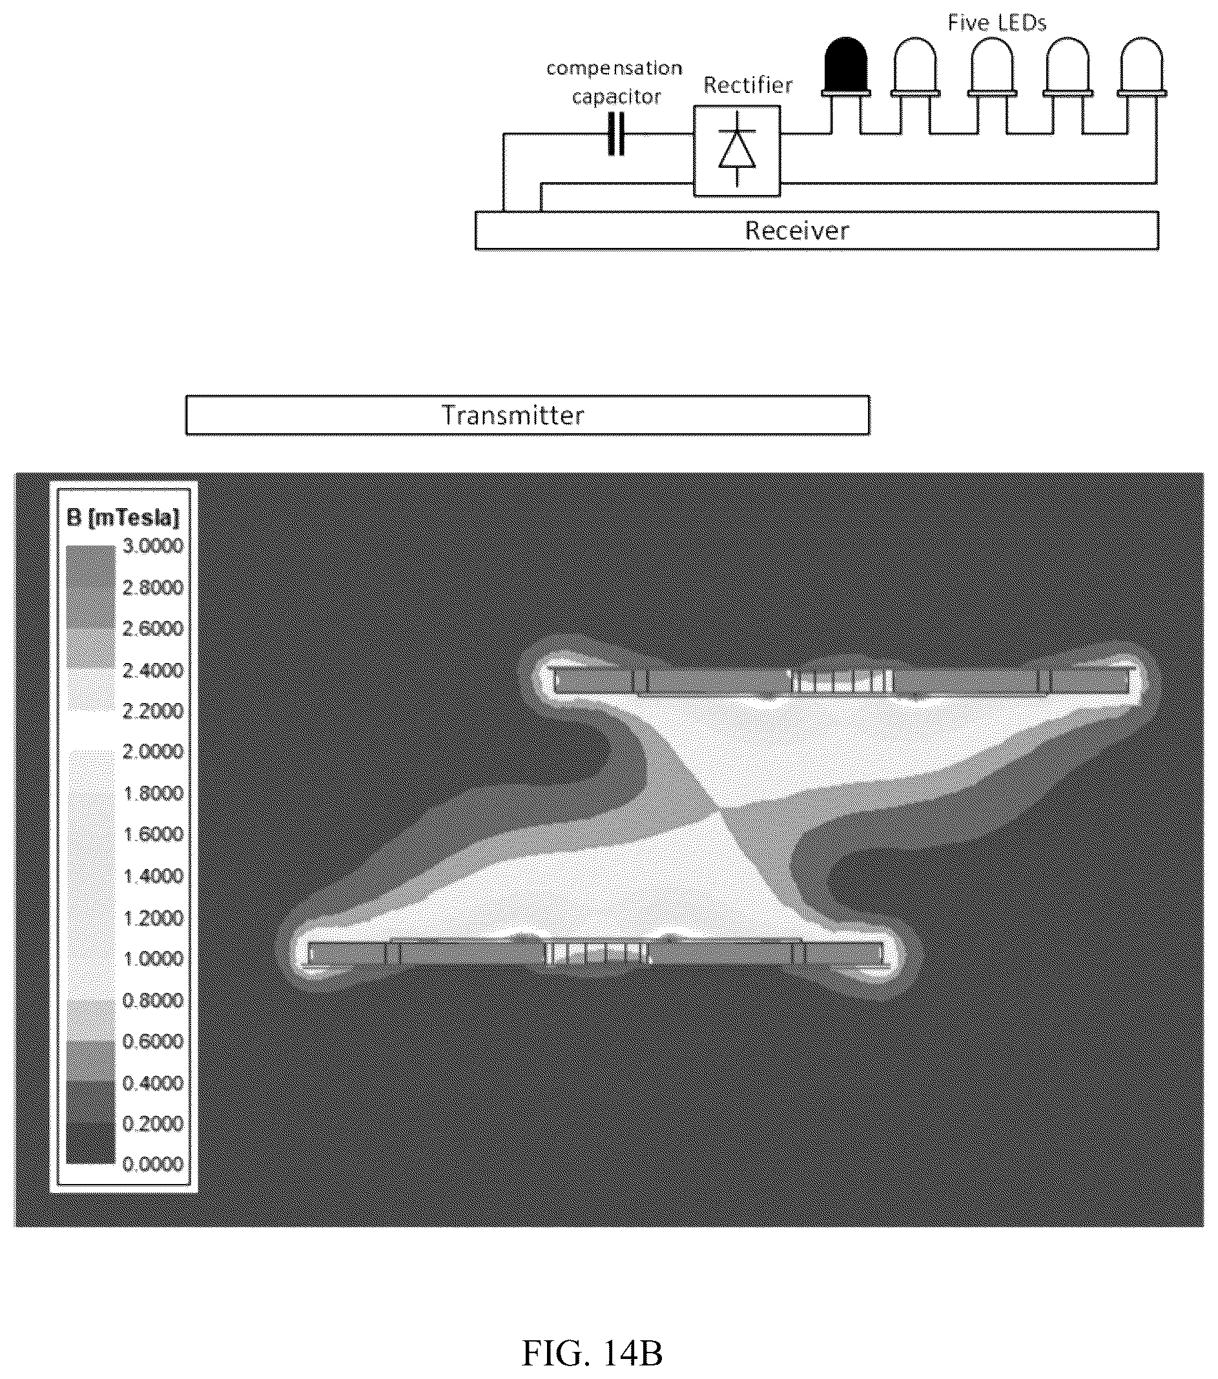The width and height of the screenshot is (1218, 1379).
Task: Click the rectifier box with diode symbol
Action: pyautogui.click(x=737, y=150)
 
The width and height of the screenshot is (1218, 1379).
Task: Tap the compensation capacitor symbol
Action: pyautogui.click(x=616, y=134)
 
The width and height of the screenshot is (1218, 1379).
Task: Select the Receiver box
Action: pyautogui.click(x=817, y=230)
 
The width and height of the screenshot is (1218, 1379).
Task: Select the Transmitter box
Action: pyautogui.click(x=528, y=415)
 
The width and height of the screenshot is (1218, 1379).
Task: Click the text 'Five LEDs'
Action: pyautogui.click(x=996, y=23)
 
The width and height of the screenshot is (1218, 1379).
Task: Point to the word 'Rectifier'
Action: pyautogui.click(x=748, y=85)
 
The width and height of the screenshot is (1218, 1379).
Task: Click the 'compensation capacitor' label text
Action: pyautogui.click(x=614, y=82)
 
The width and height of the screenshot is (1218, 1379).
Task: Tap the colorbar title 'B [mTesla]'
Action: pyautogui.click(x=123, y=518)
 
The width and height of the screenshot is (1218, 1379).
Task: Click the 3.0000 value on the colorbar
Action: pyautogui.click(x=152, y=546)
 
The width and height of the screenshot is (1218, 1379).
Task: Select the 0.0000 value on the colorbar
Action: pyautogui.click(x=152, y=1164)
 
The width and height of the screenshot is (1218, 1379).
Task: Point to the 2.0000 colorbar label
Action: pyautogui.click(x=152, y=751)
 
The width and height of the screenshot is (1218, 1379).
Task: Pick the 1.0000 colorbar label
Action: pyautogui.click(x=152, y=959)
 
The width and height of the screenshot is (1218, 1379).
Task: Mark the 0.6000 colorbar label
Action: pyautogui.click(x=152, y=1041)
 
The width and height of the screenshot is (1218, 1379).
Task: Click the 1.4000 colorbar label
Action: pyautogui.click(x=152, y=875)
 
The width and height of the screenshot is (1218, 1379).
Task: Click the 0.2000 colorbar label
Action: pyautogui.click(x=152, y=1123)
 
